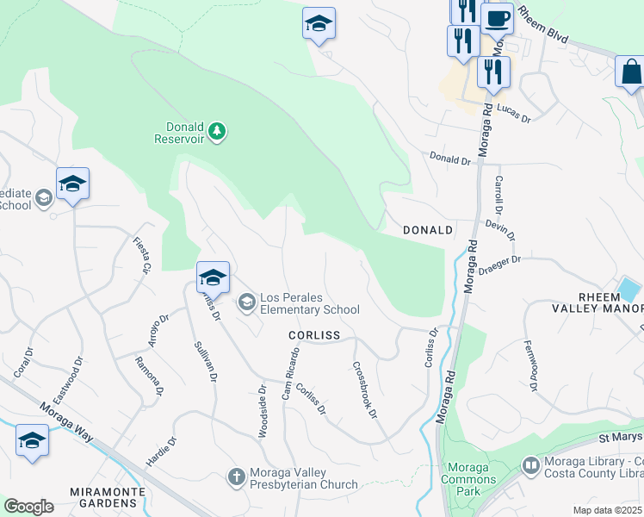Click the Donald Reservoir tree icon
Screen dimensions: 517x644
pos(219,130)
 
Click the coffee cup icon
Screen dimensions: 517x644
pos(497,17)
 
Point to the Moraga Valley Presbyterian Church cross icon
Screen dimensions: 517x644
pos(236,476)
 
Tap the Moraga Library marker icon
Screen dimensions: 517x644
pos(531,467)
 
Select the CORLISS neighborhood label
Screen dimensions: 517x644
pos(314,334)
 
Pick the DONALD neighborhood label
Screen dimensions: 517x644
pos(428,230)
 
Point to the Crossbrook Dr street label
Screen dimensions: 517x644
pos(365,389)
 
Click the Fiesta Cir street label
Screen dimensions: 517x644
pos(142,255)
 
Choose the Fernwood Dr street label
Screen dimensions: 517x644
pos(530,367)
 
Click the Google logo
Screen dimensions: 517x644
pos(28,507)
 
